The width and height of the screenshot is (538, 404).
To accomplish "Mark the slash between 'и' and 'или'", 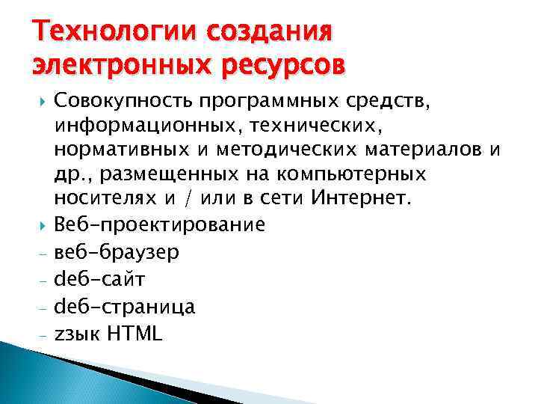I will pyautogui.click(x=195, y=200).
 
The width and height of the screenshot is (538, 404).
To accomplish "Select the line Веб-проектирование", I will pyautogui.click(x=159, y=224).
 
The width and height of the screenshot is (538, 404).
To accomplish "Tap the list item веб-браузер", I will pyautogui.click(x=116, y=252).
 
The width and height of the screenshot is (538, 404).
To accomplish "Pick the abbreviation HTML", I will pyautogui.click(x=135, y=334).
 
